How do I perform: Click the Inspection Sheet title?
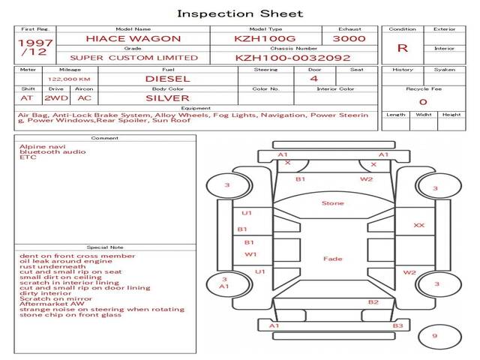point(240,13)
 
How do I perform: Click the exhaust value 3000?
point(349,38)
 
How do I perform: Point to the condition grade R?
point(402,48)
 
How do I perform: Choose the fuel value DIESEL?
point(167,78)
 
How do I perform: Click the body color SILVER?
point(167,97)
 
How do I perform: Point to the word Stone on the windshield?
point(332,203)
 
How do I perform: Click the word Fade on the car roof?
point(332,259)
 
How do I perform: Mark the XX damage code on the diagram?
point(418,225)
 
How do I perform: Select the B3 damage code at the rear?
point(397,325)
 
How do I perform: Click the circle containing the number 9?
point(434,337)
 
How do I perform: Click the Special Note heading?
point(104,247)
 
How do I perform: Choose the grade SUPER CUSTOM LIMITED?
point(133,58)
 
